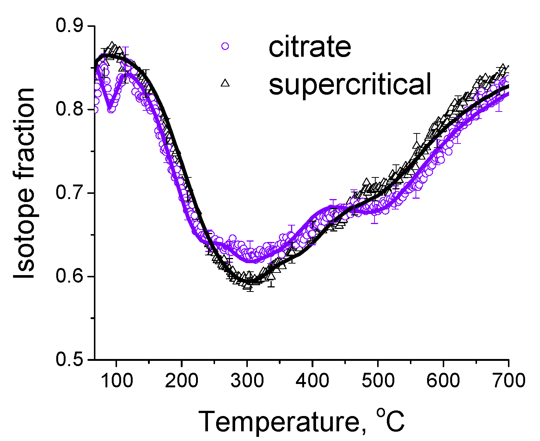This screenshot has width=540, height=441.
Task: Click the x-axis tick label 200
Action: click(x=181, y=381)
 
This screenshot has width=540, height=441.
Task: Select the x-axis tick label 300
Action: click(x=247, y=381)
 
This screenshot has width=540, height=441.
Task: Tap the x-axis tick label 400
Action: click(x=312, y=381)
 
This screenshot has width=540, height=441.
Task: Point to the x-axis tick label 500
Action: click(x=378, y=381)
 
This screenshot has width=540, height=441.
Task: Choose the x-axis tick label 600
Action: click(x=443, y=381)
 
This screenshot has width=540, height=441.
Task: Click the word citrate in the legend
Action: click(x=310, y=47)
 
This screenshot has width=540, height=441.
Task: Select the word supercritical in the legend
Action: click(x=350, y=84)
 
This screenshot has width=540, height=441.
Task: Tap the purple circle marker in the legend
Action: click(x=225, y=46)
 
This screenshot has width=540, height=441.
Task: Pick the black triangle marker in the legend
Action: click(x=225, y=83)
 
